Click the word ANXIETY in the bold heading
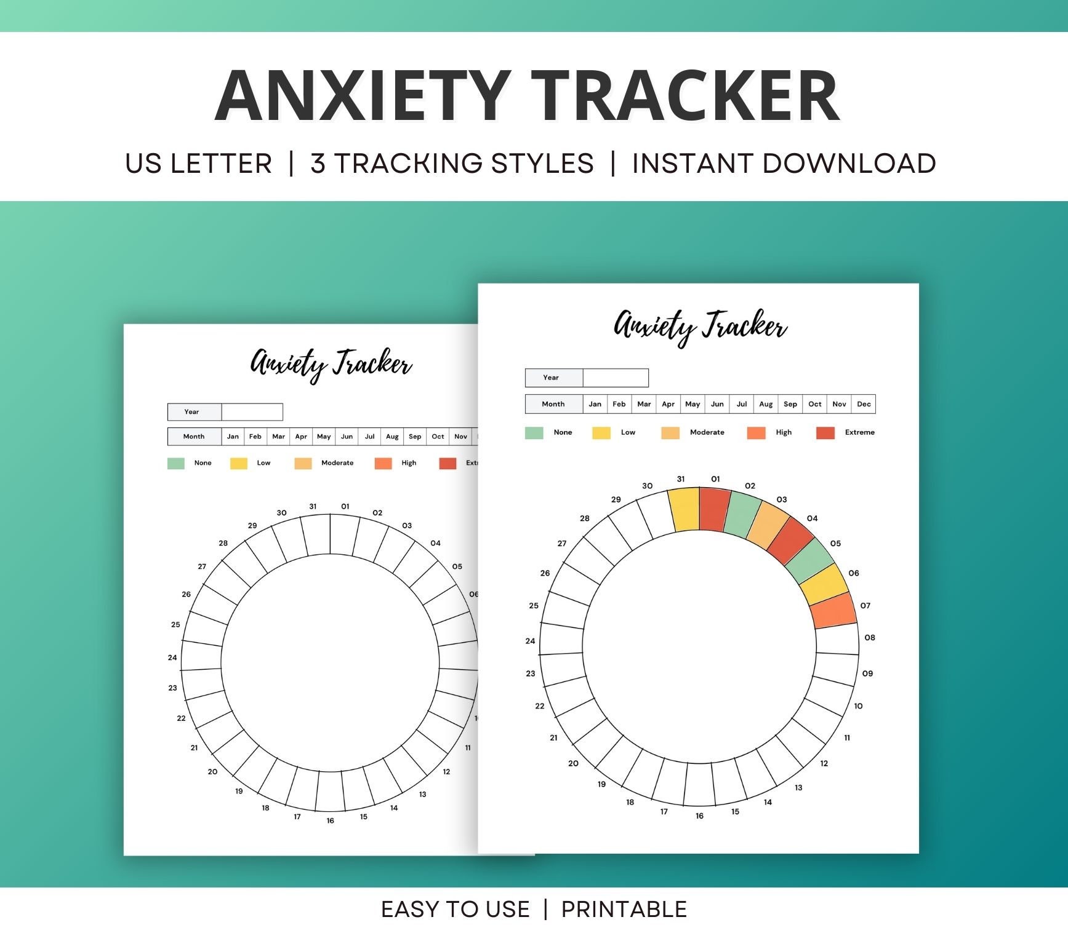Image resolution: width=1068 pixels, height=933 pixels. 363,96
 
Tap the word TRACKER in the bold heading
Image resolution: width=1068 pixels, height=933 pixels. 685,96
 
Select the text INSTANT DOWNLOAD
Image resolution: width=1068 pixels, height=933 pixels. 784,164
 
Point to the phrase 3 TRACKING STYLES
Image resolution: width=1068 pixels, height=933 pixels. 452,164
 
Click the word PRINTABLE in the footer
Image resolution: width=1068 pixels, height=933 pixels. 624,909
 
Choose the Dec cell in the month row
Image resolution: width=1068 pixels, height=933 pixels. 864,404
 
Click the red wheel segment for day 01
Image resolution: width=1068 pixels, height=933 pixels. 714,509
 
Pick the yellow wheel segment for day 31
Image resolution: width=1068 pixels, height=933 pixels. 685,509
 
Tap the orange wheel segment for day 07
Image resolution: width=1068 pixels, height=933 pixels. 833,609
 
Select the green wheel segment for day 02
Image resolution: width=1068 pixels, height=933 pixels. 742,514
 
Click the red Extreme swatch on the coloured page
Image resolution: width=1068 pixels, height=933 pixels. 825,433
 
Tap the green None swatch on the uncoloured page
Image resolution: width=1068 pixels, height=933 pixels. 176,463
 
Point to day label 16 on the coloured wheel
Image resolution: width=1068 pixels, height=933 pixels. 699,816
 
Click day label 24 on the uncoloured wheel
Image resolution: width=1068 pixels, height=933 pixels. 172,657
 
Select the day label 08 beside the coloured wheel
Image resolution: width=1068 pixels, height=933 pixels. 869,638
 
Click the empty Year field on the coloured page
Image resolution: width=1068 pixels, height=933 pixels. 615,378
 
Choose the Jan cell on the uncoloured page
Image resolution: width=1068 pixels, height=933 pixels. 233,437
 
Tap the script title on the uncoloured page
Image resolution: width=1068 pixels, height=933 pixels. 331,364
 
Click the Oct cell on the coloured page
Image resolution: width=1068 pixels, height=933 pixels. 814,404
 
